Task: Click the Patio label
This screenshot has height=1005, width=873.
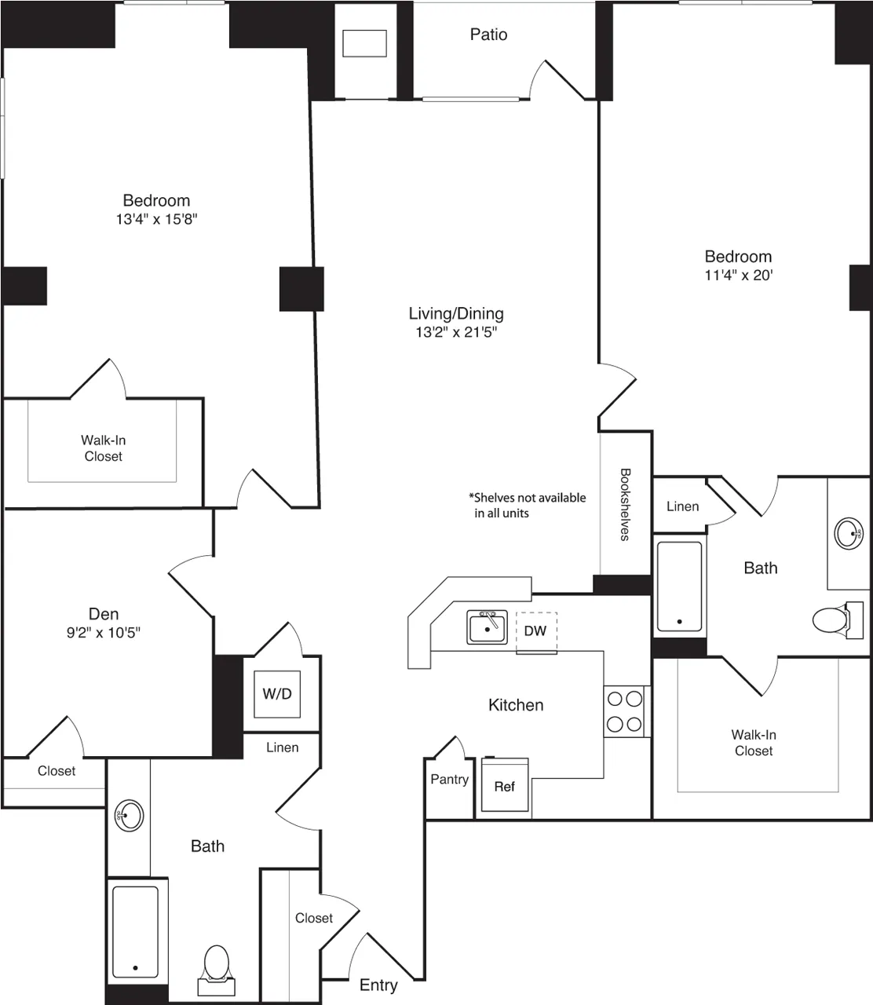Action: click(488, 35)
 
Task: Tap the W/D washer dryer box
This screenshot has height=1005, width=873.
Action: click(277, 694)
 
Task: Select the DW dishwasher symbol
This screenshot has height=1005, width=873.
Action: click(535, 631)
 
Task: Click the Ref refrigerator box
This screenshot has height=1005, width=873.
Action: click(504, 786)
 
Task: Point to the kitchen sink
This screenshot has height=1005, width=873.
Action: click(487, 627)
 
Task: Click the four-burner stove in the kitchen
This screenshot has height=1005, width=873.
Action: click(624, 711)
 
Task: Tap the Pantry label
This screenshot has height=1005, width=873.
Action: click(449, 780)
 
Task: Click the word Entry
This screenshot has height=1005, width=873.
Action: click(378, 985)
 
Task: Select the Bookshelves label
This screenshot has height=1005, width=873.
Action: click(625, 505)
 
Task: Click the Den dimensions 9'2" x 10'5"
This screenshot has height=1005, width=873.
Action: click(104, 632)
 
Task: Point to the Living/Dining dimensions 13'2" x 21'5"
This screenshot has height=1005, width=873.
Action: click(456, 332)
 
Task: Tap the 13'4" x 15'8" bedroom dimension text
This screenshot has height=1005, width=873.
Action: click(156, 220)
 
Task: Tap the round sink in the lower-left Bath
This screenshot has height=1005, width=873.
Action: click(129, 816)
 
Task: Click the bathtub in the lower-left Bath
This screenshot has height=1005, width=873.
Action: click(136, 930)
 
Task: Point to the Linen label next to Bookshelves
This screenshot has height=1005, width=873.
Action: click(682, 506)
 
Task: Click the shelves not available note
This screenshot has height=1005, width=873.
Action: click(527, 505)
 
